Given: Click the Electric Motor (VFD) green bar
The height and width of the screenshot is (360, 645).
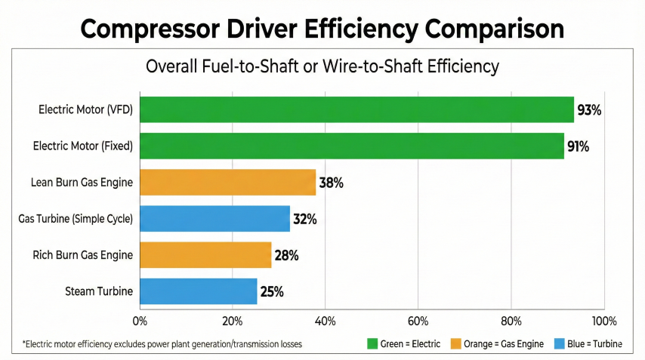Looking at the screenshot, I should pyautogui.click(x=356, y=110).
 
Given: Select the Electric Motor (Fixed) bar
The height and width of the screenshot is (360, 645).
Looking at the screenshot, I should pyautogui.click(x=352, y=146).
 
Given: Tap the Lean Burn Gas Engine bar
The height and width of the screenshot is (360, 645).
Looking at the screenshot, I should pyautogui.click(x=227, y=183).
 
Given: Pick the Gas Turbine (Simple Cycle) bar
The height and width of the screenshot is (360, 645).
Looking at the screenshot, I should pyautogui.click(x=214, y=219).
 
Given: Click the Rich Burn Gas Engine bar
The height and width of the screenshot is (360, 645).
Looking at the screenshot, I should pyautogui.click(x=205, y=255).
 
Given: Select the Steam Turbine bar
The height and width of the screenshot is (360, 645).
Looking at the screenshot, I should pyautogui.click(x=198, y=291).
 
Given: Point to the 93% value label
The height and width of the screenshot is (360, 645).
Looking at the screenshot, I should pyautogui.click(x=589, y=110).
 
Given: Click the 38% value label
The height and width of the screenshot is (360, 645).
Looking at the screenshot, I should pyautogui.click(x=332, y=183).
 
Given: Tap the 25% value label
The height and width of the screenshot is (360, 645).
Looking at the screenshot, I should pyautogui.click(x=271, y=291).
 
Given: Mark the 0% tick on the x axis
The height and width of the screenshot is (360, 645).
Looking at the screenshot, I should pyautogui.click(x=140, y=321).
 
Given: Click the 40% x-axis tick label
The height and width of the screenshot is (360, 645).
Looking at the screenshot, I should pyautogui.click(x=326, y=321).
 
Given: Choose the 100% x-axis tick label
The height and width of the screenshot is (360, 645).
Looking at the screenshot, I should pyautogui.click(x=603, y=321).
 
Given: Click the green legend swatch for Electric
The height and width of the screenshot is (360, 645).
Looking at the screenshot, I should pyautogui.click(x=372, y=344).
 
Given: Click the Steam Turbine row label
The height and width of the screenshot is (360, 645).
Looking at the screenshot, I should pyautogui.click(x=99, y=291).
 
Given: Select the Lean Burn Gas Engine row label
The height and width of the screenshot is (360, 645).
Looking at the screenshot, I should pyautogui.click(x=82, y=183).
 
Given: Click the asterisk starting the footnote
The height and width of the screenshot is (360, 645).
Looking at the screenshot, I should pyautogui.click(x=24, y=343).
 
